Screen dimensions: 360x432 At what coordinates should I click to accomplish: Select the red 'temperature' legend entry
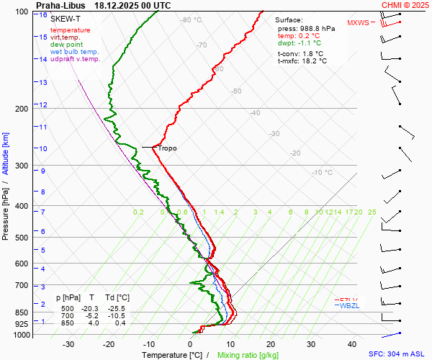(71, 30)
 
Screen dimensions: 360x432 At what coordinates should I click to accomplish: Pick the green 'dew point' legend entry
(67, 45)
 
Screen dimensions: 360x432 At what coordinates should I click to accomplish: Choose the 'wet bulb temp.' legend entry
(75, 52)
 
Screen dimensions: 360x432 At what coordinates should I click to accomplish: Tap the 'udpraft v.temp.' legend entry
(76, 59)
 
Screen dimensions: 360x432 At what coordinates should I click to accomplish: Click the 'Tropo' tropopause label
(167, 148)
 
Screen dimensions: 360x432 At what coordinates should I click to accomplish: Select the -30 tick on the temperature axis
(69, 344)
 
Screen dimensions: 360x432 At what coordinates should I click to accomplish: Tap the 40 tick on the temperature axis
(352, 344)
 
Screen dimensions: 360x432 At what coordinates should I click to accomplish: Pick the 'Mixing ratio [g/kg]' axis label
(248, 355)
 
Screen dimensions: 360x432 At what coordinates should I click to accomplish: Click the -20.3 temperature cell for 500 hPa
(92, 308)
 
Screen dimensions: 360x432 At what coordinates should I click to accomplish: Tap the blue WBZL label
(348, 306)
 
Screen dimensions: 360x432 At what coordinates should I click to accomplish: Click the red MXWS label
(358, 22)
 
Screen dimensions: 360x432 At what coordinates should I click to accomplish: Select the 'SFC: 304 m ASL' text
(400, 354)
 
